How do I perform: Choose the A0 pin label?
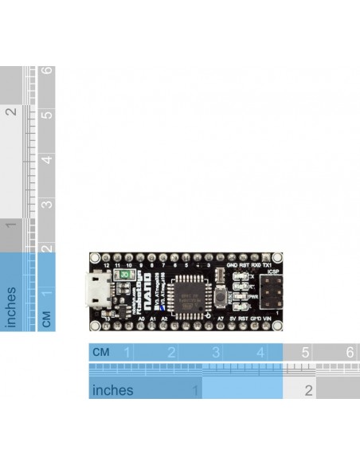coord(141,318)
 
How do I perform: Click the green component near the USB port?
coord(123,274)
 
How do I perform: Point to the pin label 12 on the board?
coord(106,265)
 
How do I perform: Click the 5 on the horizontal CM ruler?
coord(305,352)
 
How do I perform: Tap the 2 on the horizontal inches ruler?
coord(308,390)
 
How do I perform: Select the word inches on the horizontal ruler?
coord(113,390)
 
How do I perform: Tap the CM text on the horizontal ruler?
coord(101,352)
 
